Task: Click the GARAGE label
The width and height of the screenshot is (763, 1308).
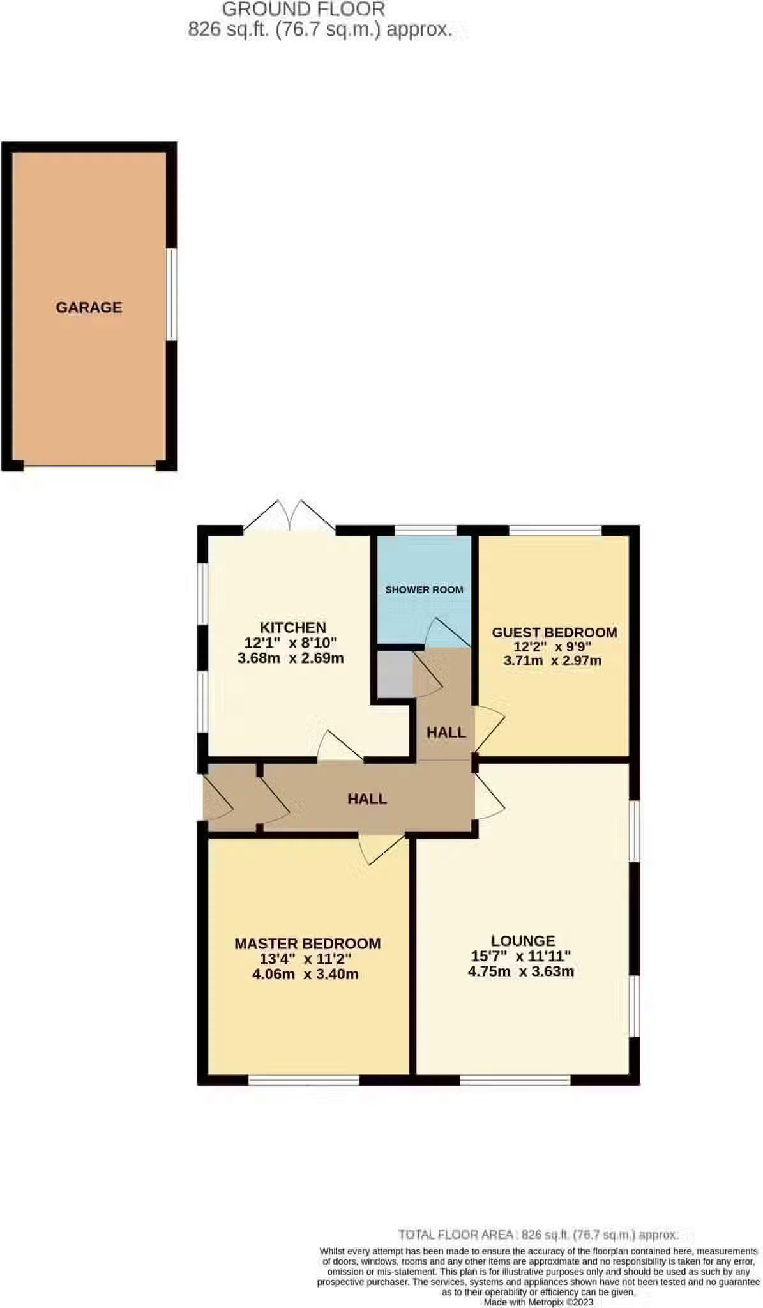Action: pyautogui.click(x=89, y=307)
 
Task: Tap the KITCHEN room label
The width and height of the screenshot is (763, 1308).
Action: pyautogui.click(x=292, y=627)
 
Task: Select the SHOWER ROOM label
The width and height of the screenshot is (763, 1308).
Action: pyautogui.click(x=424, y=589)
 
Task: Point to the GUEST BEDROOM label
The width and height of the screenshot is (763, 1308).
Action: pyautogui.click(x=554, y=632)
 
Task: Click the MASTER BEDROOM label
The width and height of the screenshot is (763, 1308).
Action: pyautogui.click(x=307, y=943)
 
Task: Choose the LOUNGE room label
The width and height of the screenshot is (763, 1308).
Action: pyautogui.click(x=523, y=940)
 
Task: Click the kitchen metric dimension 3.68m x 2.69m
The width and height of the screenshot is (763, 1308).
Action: pyautogui.click(x=291, y=658)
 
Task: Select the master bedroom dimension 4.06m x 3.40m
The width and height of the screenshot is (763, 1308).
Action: pyautogui.click(x=305, y=974)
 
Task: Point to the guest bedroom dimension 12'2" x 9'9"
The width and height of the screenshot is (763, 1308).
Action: pyautogui.click(x=552, y=646)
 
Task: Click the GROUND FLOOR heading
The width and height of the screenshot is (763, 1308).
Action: pyautogui.click(x=303, y=9)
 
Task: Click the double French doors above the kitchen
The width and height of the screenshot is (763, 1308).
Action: pyautogui.click(x=290, y=516)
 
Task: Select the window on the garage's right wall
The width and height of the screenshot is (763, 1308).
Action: pyautogui.click(x=172, y=294)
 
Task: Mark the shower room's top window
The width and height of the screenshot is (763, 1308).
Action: pyautogui.click(x=425, y=529)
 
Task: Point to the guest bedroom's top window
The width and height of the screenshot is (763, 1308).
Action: pyautogui.click(x=555, y=529)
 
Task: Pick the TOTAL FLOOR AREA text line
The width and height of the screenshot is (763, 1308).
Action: pyautogui.click(x=538, y=1235)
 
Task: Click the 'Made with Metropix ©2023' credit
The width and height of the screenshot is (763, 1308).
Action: pyautogui.click(x=538, y=1302)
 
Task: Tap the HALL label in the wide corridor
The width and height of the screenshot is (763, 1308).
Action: pyautogui.click(x=367, y=798)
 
